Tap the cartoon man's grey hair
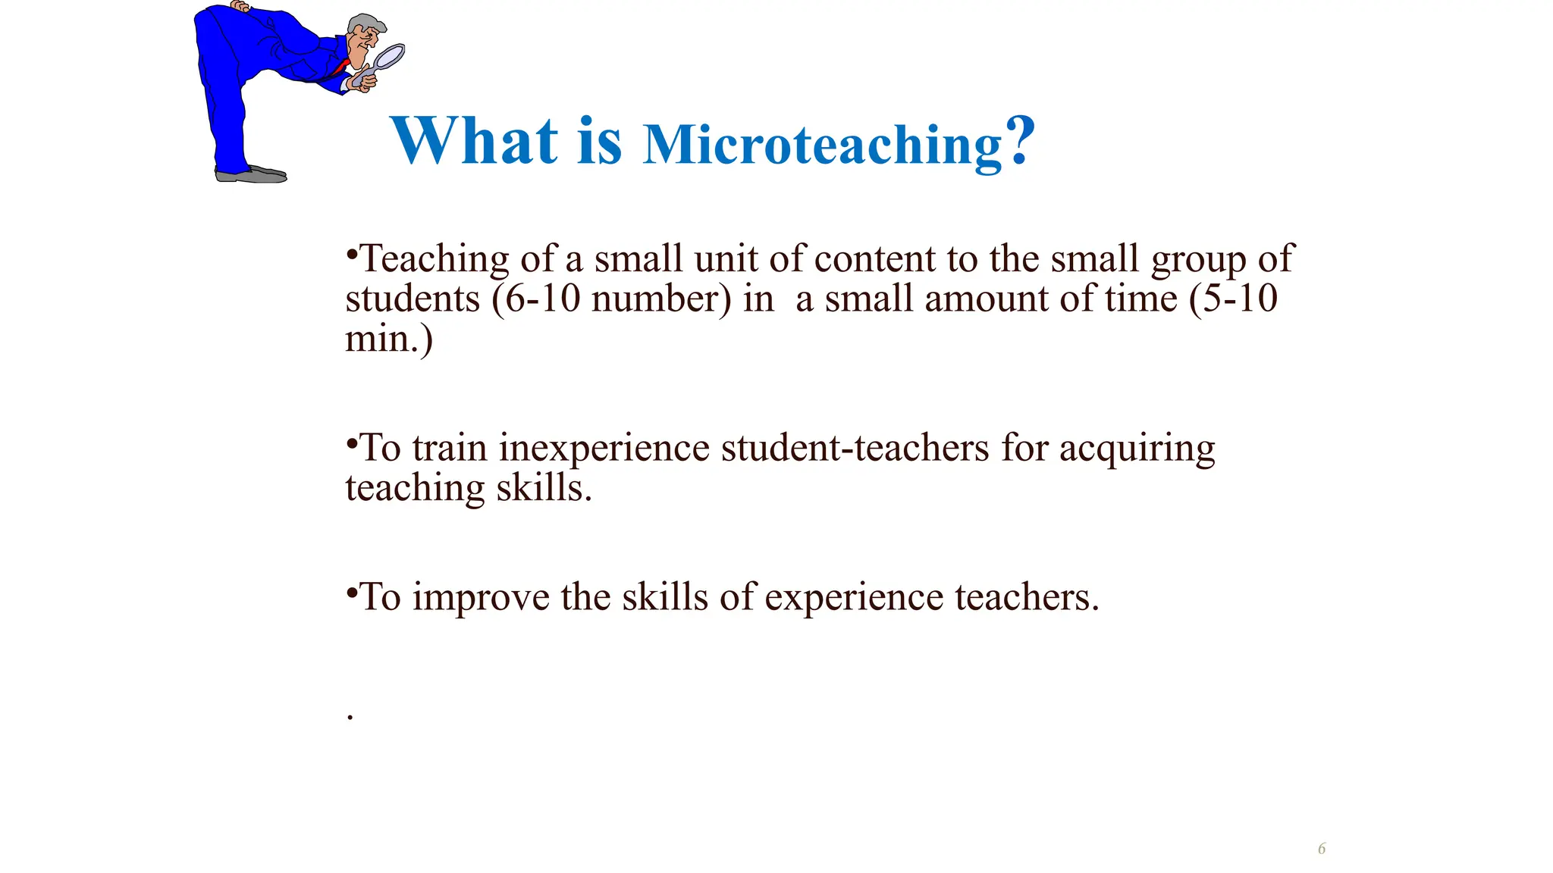coord(365,22)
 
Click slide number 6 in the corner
coord(1322,848)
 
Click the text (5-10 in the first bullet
coord(1233,298)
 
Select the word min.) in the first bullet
coord(389,338)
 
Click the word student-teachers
coord(855,447)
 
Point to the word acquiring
coord(1137,449)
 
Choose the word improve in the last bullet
coord(481,597)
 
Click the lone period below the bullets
coord(350,716)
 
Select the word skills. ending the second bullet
coord(544,487)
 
